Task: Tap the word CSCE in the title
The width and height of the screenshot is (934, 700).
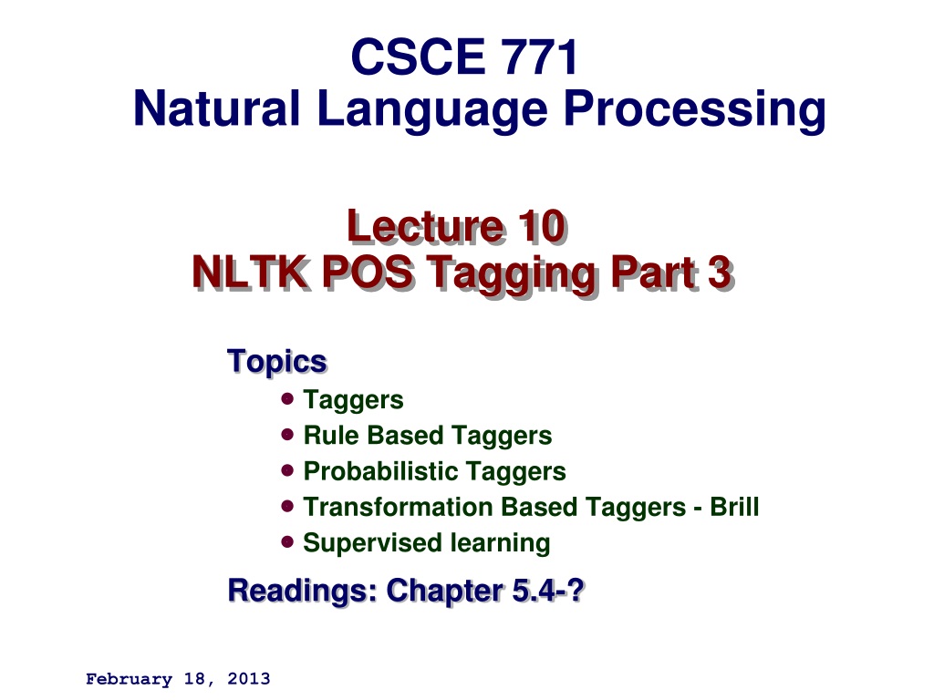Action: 418,57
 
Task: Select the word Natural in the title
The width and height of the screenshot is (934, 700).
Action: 216,108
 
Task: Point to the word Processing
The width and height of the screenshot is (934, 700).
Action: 694,110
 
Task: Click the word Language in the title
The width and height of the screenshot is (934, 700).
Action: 432,110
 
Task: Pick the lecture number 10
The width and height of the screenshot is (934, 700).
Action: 542,227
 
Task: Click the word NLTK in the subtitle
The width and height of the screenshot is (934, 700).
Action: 251,273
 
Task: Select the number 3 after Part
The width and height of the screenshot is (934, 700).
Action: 721,273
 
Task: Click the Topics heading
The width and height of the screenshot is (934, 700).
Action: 277,361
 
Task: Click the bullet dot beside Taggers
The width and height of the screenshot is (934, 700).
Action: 287,398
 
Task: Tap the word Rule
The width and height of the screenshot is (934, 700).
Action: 330,435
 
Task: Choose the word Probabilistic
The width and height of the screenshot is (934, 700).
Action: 380,471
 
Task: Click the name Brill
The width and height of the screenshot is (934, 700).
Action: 734,507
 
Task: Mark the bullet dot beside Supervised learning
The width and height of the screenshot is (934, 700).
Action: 287,541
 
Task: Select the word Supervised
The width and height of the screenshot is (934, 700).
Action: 373,544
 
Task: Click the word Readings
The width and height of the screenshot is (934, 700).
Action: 302,592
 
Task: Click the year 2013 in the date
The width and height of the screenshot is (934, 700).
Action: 249,678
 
